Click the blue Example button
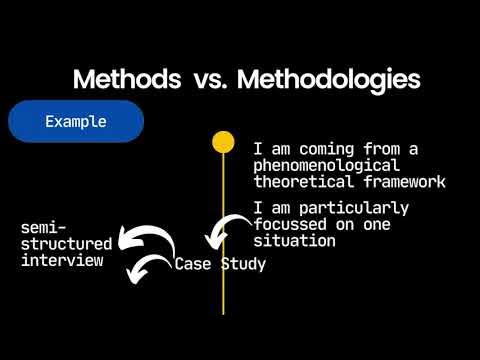click(76, 121)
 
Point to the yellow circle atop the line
click(223, 141)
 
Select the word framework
click(405, 181)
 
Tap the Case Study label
click(220, 265)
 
